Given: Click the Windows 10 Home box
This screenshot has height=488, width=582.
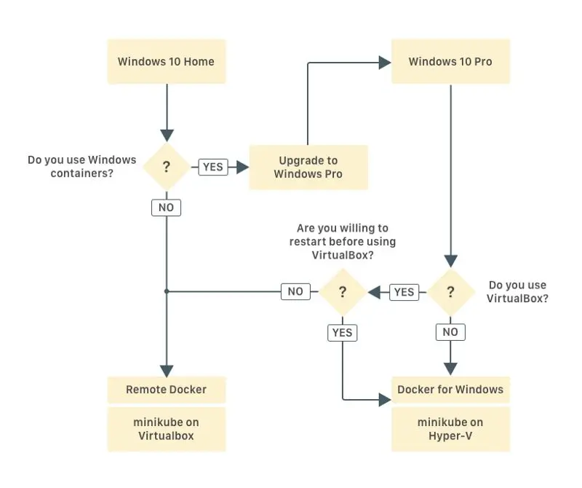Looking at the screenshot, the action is [167, 61].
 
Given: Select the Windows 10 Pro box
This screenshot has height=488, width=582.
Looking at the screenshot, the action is [450, 61].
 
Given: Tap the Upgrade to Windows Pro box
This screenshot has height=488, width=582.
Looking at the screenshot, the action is [308, 168].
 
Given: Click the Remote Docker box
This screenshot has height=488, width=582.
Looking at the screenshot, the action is [167, 390].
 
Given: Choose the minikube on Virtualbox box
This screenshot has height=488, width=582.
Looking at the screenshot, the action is [167, 429].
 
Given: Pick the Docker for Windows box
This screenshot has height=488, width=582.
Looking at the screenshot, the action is [450, 390].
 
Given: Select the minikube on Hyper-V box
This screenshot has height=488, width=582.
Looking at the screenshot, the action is [450, 429].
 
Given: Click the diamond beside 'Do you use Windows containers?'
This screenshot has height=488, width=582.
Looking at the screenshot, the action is [167, 167].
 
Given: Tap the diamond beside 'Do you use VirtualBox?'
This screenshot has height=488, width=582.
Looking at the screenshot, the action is [450, 292].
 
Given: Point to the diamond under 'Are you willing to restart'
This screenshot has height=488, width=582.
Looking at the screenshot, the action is [343, 292].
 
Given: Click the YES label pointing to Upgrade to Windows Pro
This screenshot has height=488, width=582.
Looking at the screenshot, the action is [213, 167].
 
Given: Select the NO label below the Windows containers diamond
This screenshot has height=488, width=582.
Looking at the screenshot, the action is [167, 208].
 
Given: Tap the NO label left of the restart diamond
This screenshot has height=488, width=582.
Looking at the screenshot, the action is [295, 291].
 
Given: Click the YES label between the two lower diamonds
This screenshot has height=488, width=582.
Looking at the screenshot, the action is [404, 292].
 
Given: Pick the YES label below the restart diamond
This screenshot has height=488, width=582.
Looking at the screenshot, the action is [342, 333].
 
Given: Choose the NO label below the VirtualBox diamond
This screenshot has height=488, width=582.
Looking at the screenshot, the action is [450, 332].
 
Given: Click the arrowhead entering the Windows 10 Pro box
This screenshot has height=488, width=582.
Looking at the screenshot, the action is [385, 63].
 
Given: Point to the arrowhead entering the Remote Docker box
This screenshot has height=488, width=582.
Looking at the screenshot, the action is [167, 371].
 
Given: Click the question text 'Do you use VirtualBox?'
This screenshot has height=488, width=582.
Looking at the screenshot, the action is [517, 292].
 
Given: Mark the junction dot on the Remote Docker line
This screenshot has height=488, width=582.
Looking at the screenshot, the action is [167, 291].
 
